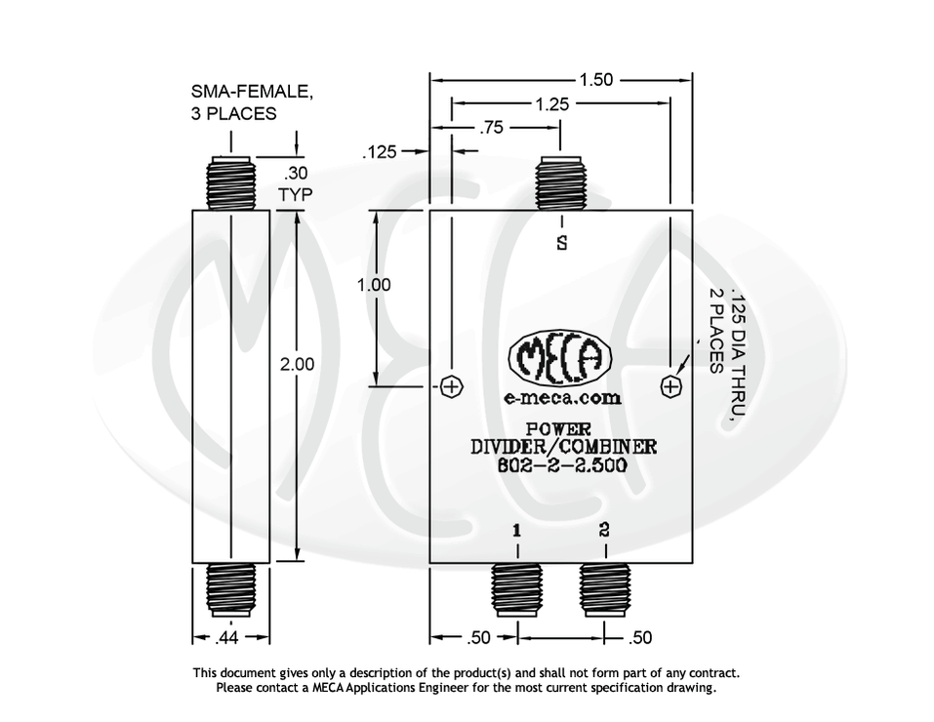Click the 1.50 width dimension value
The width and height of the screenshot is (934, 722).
tap(595, 80)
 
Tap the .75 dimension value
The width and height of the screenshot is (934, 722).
tap(495, 128)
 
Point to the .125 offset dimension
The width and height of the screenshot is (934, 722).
tap(380, 152)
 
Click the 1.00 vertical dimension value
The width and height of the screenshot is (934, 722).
tap(375, 285)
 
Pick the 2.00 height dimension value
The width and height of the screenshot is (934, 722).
tap(297, 364)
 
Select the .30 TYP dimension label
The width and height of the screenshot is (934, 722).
tap(295, 184)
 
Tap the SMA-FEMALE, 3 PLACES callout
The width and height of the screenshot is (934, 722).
tap(251, 102)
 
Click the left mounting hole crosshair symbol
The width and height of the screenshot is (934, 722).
tap(451, 387)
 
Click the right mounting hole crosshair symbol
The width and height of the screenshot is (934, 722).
tap(670, 387)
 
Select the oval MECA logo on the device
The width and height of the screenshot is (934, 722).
tap(560, 362)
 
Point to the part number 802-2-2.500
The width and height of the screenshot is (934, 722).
tap(562, 465)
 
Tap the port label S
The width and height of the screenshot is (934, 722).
tap(561, 243)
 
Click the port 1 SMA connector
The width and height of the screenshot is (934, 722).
tap(516, 589)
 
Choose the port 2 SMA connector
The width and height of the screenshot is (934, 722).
tap(605, 589)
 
